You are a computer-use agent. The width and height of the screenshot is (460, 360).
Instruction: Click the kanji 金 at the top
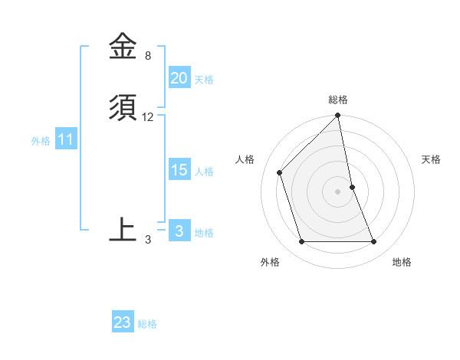pos(123,47)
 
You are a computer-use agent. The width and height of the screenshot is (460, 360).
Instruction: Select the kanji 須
pos(123,108)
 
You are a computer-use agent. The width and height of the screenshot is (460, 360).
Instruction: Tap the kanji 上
pos(123,229)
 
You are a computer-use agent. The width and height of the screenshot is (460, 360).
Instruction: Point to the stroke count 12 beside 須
pos(148,117)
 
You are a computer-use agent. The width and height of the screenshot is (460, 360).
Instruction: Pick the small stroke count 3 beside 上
pos(147,240)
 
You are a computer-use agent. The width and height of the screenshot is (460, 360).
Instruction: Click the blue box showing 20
pos(179,78)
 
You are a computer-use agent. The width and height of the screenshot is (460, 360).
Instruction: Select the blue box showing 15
pos(179,170)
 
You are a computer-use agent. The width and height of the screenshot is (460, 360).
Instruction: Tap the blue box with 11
pos(66,140)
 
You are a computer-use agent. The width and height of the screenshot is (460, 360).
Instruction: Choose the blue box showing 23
pos(123,322)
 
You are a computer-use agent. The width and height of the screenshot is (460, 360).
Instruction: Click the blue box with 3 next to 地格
pos(179,231)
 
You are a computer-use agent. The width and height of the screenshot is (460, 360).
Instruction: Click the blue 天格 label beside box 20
pos(204,80)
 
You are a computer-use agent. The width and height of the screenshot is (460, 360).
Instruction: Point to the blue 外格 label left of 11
pos(41,141)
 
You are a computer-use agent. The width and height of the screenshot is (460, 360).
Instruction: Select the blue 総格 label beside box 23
pos(147,324)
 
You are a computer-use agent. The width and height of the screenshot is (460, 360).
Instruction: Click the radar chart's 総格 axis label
pos(338,100)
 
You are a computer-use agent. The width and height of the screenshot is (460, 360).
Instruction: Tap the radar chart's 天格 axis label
pos(431,159)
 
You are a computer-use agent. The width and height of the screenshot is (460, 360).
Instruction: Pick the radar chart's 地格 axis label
pos(402,262)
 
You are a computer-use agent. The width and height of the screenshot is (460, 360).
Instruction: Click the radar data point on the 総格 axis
pos(338,116)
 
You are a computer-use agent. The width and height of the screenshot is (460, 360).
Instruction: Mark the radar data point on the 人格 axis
pos(280,172)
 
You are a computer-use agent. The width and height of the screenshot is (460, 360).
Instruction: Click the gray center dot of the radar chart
pos(338,191)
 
